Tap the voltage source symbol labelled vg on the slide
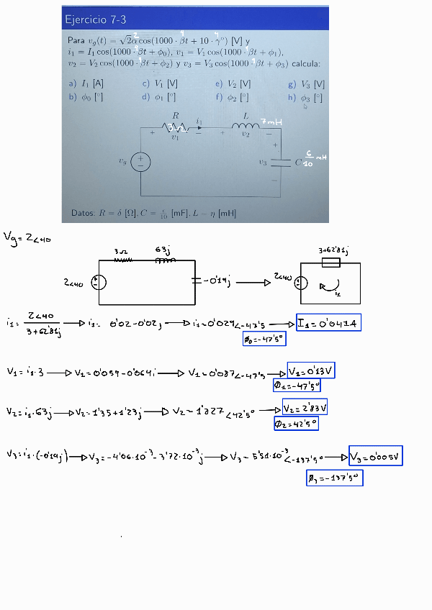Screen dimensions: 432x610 click(x=140, y=162)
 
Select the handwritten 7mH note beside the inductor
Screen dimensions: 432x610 click(x=270, y=122)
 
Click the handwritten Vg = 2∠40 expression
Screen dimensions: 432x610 click(x=27, y=237)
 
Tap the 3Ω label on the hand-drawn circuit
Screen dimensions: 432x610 click(x=120, y=251)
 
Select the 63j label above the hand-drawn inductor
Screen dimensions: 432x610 click(x=162, y=250)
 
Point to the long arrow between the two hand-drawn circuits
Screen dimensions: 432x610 click(x=251, y=283)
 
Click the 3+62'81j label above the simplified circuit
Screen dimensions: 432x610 click(x=333, y=250)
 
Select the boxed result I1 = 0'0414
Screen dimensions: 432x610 click(x=328, y=323)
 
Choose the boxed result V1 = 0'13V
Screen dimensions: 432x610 click(x=311, y=371)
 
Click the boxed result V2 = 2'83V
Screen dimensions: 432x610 click(x=305, y=407)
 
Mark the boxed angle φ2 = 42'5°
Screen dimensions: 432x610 click(x=295, y=424)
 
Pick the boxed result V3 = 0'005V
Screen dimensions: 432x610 click(x=375, y=455)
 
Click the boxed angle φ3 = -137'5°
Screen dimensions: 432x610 click(x=334, y=477)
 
